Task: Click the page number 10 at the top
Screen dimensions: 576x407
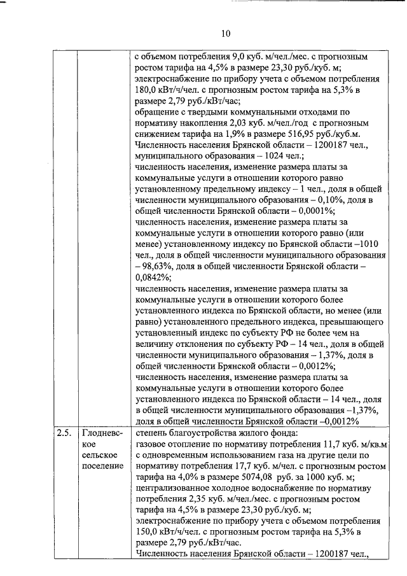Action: point(226,34)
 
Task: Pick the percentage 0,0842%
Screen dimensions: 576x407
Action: point(153,277)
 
